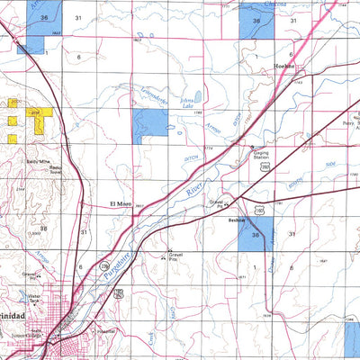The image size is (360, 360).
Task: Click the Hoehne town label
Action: click(x=285, y=67)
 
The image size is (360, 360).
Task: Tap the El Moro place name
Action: click(x=121, y=204)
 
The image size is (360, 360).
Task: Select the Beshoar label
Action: click(x=238, y=218)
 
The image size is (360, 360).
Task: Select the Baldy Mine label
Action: click(x=36, y=159)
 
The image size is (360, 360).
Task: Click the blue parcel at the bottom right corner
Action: click(x=350, y=336)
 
